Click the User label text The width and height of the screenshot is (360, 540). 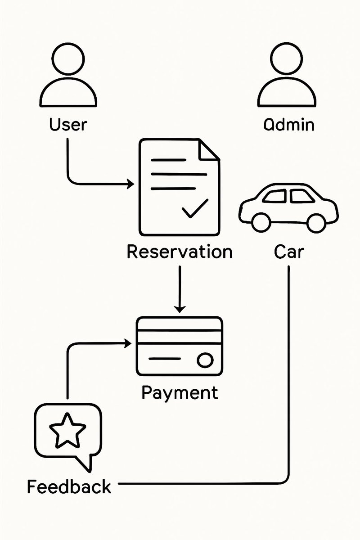(x=67, y=124)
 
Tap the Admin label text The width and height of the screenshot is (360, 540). (x=288, y=124)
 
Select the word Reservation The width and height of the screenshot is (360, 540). (x=180, y=252)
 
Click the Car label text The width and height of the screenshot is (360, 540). (x=288, y=252)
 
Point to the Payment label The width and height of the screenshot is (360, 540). (x=180, y=392)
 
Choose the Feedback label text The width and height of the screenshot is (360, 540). (x=69, y=486)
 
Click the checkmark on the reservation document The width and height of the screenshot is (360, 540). (x=194, y=208)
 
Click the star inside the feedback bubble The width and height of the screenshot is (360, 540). (x=67, y=431)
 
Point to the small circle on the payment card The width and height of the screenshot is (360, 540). (x=205, y=360)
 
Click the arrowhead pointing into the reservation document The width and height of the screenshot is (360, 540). (x=131, y=184)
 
